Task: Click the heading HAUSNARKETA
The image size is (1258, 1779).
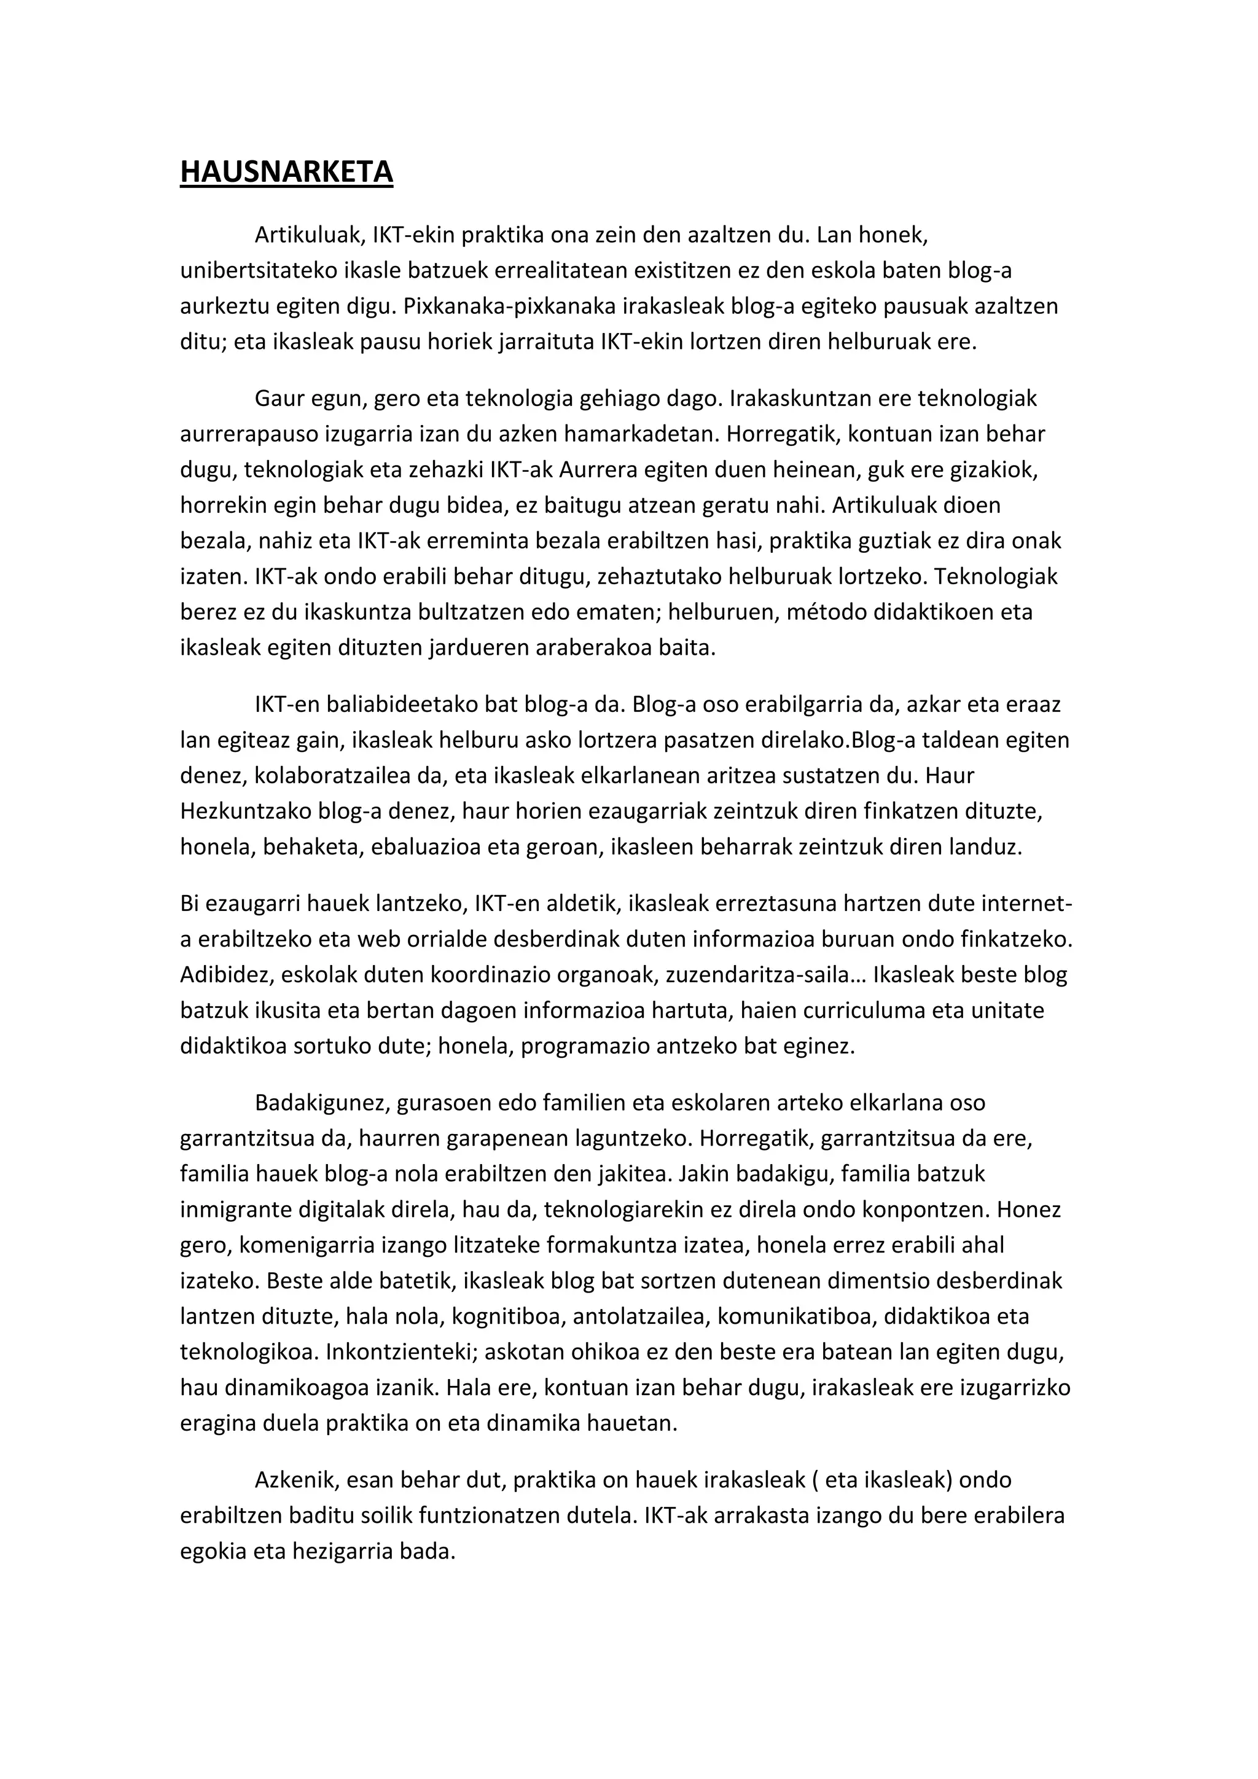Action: [287, 172]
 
